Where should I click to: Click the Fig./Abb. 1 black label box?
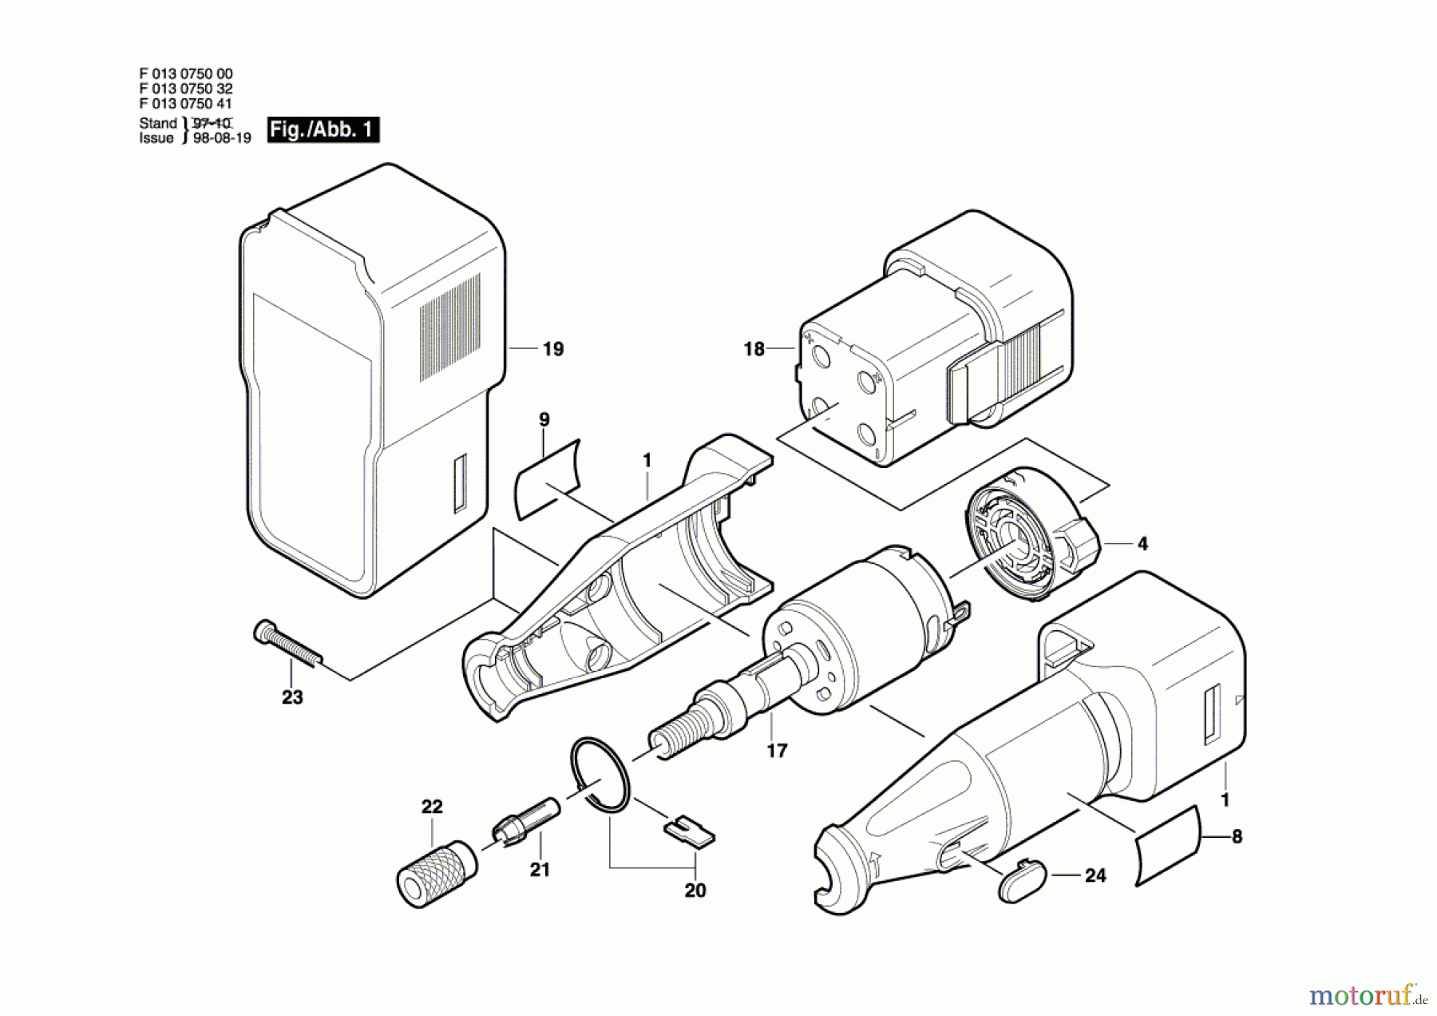tap(323, 129)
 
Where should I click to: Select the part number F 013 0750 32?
tap(186, 89)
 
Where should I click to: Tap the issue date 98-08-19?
tap(222, 138)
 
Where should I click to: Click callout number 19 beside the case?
tap(552, 349)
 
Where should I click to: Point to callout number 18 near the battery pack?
tap(754, 349)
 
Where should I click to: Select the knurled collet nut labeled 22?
tap(436, 873)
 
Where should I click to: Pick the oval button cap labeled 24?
tap(1021, 880)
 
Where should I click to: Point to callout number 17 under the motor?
tap(777, 751)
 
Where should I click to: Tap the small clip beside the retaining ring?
tap(690, 831)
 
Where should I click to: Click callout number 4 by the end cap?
tap(1142, 544)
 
